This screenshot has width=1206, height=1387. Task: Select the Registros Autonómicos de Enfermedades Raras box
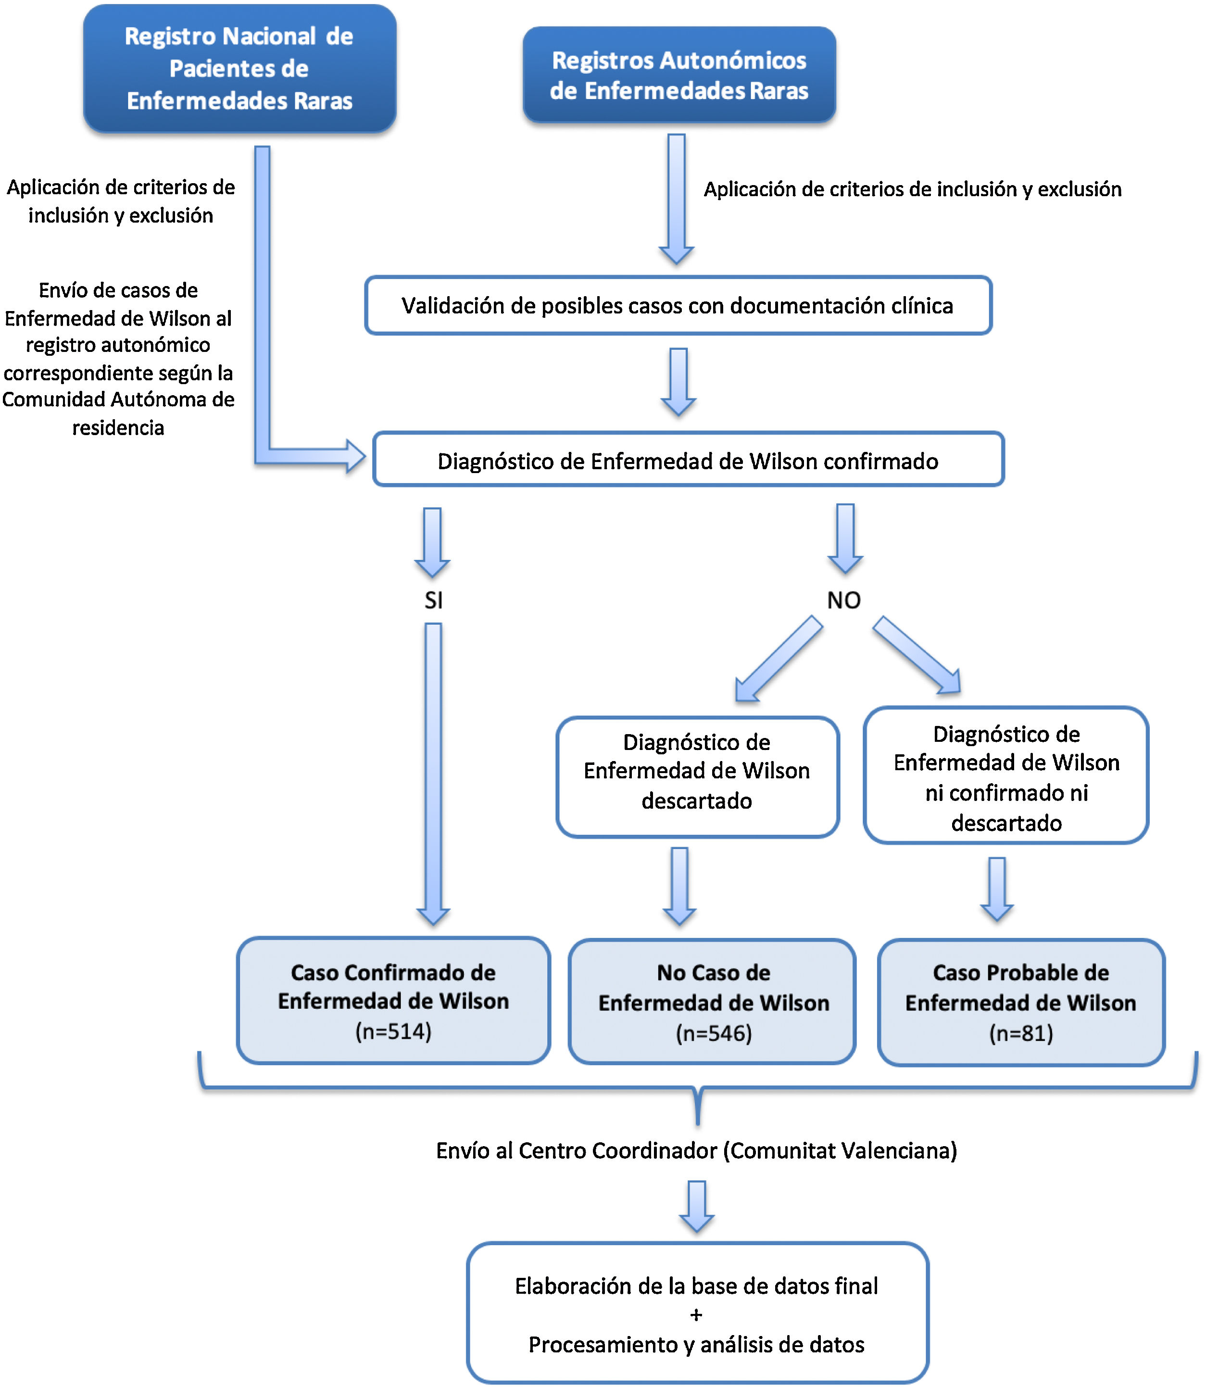pos(679,75)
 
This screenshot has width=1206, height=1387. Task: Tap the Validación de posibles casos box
pos(678,306)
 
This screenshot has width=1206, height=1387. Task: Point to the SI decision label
pos(433,600)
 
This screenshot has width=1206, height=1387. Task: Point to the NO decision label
pos(844,600)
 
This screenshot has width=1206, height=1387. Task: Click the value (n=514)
pos(393,1031)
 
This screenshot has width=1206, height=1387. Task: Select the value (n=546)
pos(714,1033)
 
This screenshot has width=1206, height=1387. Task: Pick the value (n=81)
pos(1020,1033)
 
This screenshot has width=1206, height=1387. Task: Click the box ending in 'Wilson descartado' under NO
pos(697,776)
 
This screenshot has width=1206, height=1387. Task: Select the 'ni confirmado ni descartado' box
pos(1005,775)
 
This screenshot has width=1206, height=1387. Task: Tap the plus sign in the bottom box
pos(696,1314)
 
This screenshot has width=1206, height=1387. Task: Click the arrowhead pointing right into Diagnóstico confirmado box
pos(355,457)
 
